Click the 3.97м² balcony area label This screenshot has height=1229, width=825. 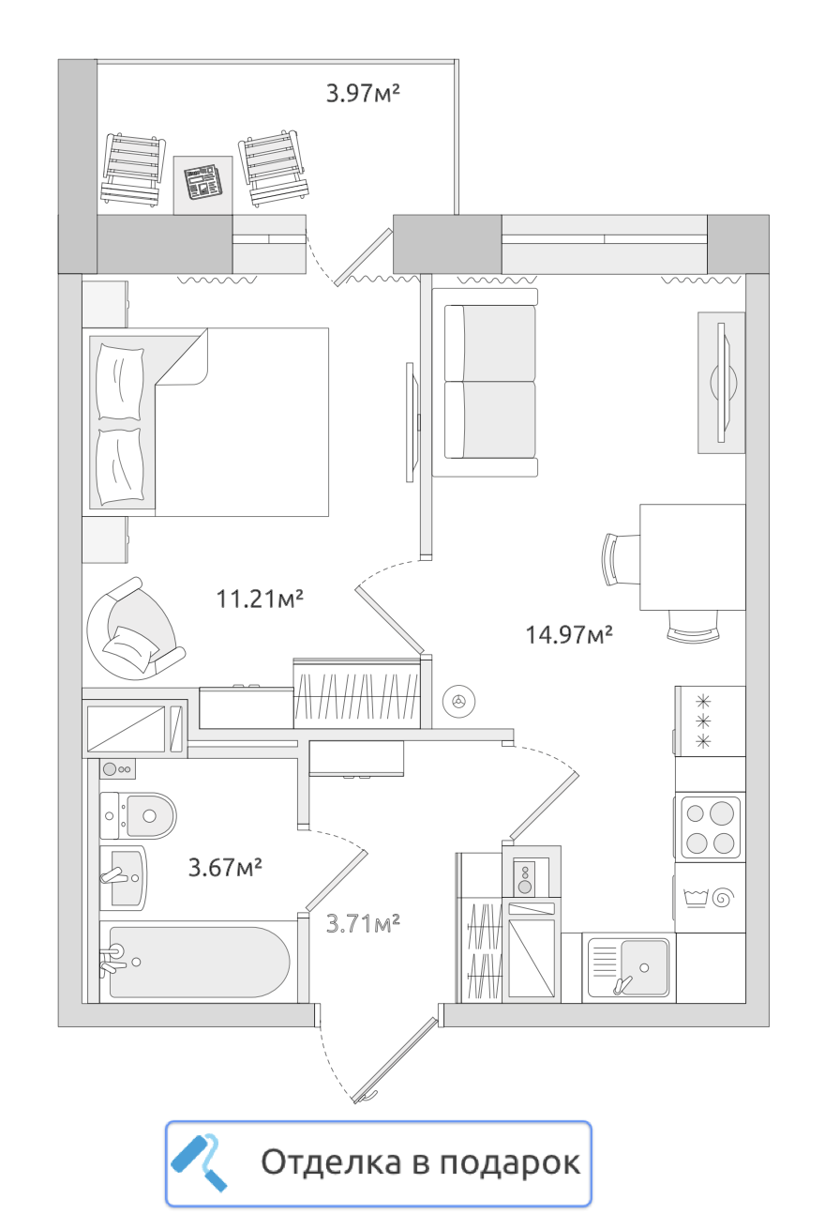pos(363,93)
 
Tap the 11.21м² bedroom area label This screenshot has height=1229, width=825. pos(260,599)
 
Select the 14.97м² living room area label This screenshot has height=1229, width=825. pos(569,634)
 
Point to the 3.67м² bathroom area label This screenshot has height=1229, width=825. pos(225,868)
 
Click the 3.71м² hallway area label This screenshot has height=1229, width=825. pos(363,923)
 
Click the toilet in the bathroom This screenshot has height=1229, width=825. pos(138,816)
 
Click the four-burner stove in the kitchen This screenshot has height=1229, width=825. pos(711,827)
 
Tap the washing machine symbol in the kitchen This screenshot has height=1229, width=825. pos(711,898)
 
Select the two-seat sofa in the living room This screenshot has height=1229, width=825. pos(485,382)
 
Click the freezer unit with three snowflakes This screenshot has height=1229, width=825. pos(710,721)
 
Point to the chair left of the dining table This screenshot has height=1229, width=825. pos(621,560)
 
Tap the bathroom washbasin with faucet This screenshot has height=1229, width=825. pos(124,878)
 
